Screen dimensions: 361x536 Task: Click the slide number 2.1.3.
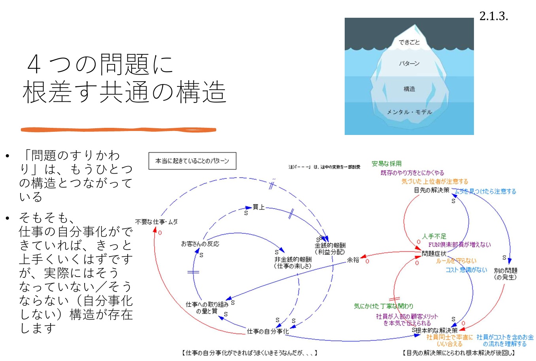pyautogui.click(x=493, y=16)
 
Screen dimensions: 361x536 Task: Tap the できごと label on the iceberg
pyautogui.click(x=409, y=42)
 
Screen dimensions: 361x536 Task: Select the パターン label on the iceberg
pyautogui.click(x=409, y=64)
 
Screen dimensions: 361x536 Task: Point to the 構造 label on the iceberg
pyautogui.click(x=409, y=89)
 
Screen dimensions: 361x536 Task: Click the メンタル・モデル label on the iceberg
pyautogui.click(x=409, y=112)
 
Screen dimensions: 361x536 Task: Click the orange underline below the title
pyautogui.click(x=118, y=129)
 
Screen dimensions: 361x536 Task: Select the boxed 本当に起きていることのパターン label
pyautogui.click(x=192, y=161)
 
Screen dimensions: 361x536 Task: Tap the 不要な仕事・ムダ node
pyautogui.click(x=157, y=222)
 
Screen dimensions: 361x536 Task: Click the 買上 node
pyautogui.click(x=259, y=207)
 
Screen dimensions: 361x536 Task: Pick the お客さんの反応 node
pyautogui.click(x=200, y=244)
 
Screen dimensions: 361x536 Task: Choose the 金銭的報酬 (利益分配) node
pyautogui.click(x=330, y=249)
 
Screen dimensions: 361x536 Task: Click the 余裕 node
pyautogui.click(x=353, y=260)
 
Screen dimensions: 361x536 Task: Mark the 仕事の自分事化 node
pyautogui.click(x=268, y=331)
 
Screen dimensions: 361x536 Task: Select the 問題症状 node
pyautogui.click(x=434, y=254)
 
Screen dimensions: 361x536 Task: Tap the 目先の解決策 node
pyautogui.click(x=431, y=190)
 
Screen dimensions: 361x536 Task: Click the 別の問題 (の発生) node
pyautogui.click(x=505, y=274)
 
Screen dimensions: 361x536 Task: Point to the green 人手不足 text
pyautogui.click(x=434, y=236)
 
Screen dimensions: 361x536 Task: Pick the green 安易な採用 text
pyautogui.click(x=386, y=164)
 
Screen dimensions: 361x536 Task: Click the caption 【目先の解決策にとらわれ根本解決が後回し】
pyautogui.click(x=459, y=353)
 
